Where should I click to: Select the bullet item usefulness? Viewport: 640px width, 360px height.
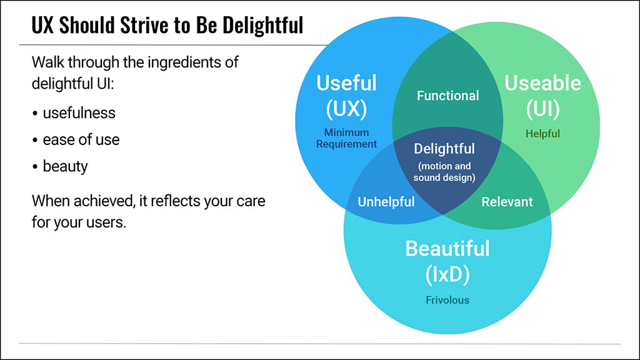79,112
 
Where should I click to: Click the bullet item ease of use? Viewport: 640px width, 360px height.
81,139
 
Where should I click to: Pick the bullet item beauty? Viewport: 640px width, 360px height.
65,166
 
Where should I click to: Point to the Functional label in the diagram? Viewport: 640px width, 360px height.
447,96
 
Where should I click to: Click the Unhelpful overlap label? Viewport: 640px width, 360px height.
386,202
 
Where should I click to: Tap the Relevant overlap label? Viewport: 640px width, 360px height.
507,202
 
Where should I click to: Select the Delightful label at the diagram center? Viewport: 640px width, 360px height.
444,149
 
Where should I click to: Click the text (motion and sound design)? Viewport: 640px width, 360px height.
444,172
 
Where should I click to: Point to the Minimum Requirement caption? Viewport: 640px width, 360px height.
346,138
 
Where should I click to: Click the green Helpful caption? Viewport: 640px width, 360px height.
542,134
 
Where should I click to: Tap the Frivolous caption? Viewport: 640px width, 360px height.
447,300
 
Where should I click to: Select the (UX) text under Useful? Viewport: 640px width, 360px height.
346,109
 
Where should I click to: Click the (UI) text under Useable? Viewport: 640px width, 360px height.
542,109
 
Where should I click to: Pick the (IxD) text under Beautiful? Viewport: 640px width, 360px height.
447,274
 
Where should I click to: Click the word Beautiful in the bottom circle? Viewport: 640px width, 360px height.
447,249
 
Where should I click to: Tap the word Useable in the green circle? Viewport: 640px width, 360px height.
542,83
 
